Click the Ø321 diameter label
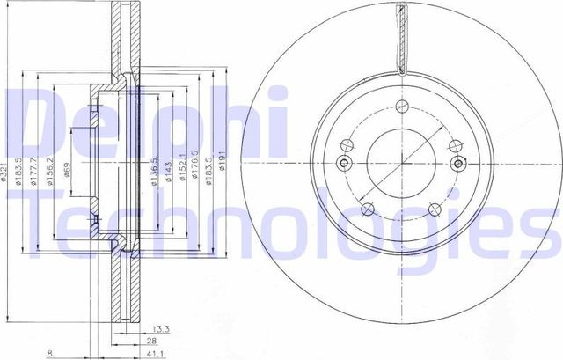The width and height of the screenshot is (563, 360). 6,173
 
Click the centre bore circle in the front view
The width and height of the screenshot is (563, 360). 400,162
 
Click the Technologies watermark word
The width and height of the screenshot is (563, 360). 281,224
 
